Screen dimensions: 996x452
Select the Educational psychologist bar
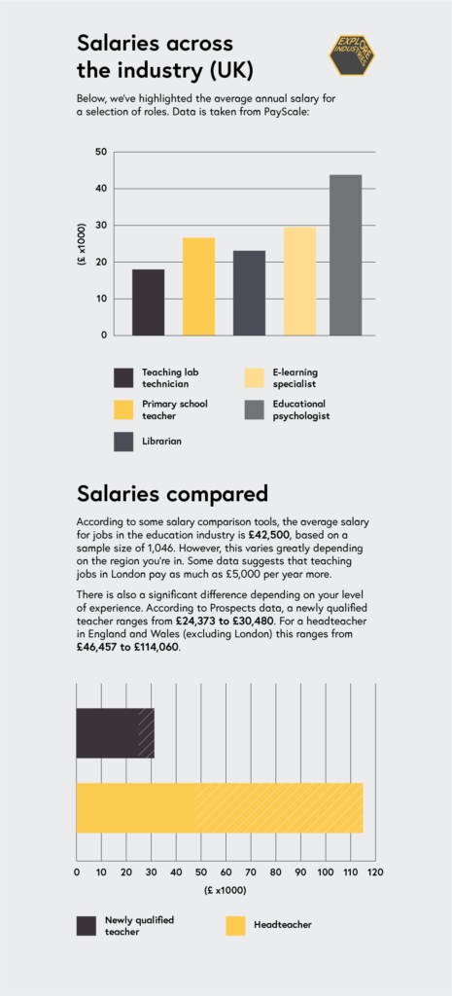pos(345,255)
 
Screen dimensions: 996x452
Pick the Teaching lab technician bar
pos(148,302)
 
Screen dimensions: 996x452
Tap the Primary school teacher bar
pos(198,286)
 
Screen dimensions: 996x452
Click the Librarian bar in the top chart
pos(249,293)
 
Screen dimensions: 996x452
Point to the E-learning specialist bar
pos(299,281)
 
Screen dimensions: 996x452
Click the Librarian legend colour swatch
pos(123,441)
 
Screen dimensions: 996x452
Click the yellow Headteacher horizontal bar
pos(219,807)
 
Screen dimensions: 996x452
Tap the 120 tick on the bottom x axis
pos(375,871)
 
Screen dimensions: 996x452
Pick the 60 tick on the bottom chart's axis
pos(226,871)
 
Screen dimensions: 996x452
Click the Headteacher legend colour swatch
pos(235,925)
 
